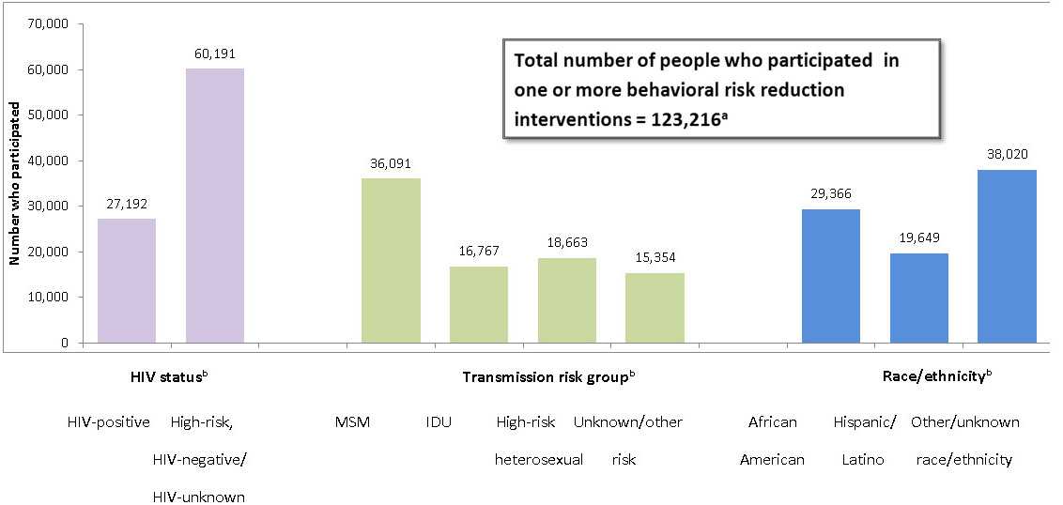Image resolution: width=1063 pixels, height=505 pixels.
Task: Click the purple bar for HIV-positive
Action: pyautogui.click(x=127, y=281)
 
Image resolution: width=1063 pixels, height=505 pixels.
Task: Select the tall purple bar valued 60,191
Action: pyautogui.click(x=215, y=206)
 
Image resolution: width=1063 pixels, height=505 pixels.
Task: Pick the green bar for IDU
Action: pyautogui.click(x=479, y=304)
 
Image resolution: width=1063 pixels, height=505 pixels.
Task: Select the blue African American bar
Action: pyautogui.click(x=830, y=276)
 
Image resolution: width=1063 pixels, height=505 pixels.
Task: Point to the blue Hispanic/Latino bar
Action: pyautogui.click(x=918, y=298)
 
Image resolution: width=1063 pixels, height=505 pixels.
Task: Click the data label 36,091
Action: pyautogui.click(x=391, y=163)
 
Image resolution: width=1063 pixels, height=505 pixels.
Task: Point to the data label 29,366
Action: pyautogui.click(x=830, y=194)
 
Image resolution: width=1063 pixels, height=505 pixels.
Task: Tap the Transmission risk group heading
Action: pyautogui.click(x=548, y=376)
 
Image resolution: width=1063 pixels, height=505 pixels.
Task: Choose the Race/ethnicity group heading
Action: pyautogui.click(x=935, y=376)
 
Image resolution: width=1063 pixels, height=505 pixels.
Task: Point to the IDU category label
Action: pyautogui.click(x=439, y=422)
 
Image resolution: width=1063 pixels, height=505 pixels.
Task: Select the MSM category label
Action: pyautogui.click(x=352, y=422)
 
